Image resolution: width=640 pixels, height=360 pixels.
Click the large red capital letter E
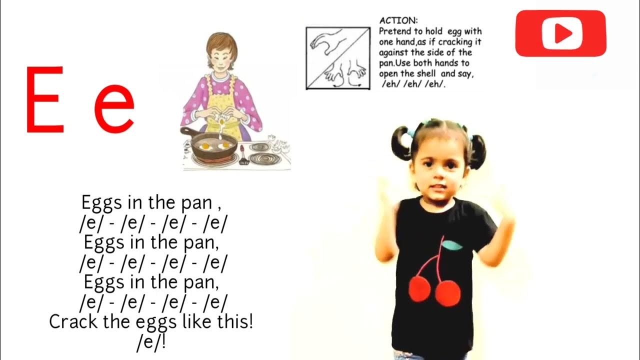(x=45, y=99)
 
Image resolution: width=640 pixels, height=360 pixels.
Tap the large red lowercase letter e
(x=114, y=107)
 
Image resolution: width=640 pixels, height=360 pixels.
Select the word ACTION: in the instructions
(x=398, y=20)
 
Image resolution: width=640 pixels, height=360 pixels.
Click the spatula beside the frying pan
(x=244, y=156)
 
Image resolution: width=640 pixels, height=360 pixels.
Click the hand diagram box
(x=338, y=58)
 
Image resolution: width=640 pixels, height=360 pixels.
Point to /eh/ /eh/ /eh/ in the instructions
(x=413, y=84)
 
